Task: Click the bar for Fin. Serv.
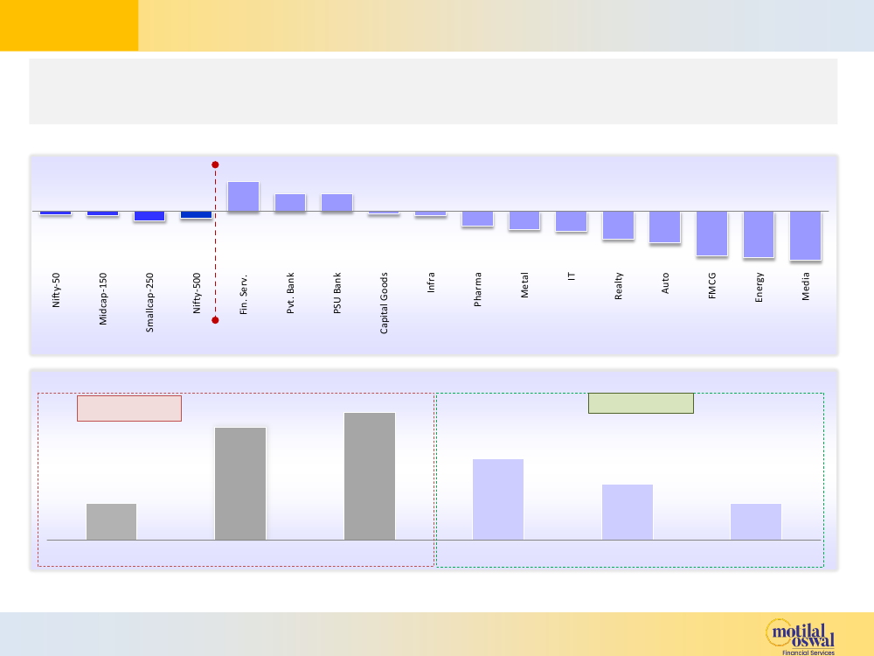243,197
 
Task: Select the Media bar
806,235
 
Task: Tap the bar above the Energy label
759,234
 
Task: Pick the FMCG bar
712,234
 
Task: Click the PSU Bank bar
336,203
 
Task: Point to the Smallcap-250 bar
149,216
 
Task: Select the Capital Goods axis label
385,304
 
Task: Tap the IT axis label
572,276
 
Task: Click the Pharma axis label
478,290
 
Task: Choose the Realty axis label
619,286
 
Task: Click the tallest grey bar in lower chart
370,476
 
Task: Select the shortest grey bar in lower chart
111,521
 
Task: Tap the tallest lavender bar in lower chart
498,499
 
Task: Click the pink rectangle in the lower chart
129,408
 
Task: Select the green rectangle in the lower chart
641,403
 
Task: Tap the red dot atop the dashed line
215,164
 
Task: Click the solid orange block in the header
69,25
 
